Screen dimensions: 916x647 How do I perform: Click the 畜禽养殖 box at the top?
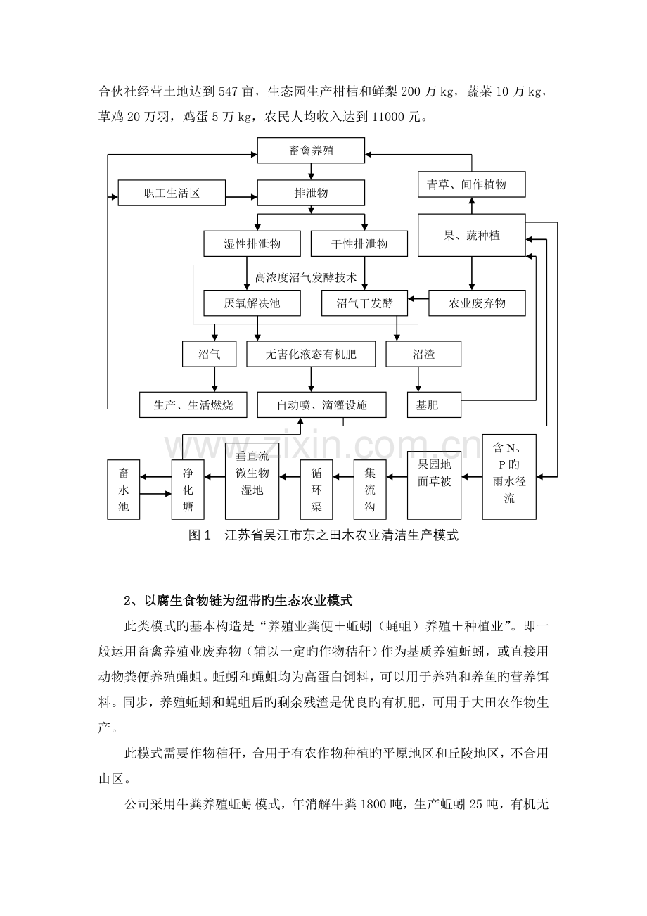click(x=311, y=150)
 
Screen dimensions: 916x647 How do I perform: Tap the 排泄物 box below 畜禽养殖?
click(x=311, y=193)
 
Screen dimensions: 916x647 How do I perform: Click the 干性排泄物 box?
click(x=359, y=244)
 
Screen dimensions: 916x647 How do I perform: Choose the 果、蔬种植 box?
click(x=471, y=236)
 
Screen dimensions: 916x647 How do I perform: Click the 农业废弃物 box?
click(x=478, y=303)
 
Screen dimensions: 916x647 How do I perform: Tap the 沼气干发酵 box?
click(x=365, y=303)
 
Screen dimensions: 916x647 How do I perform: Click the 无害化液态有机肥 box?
click(x=311, y=354)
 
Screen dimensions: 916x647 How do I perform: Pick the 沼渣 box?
click(x=423, y=354)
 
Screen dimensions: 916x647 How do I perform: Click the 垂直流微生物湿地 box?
click(x=251, y=481)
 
